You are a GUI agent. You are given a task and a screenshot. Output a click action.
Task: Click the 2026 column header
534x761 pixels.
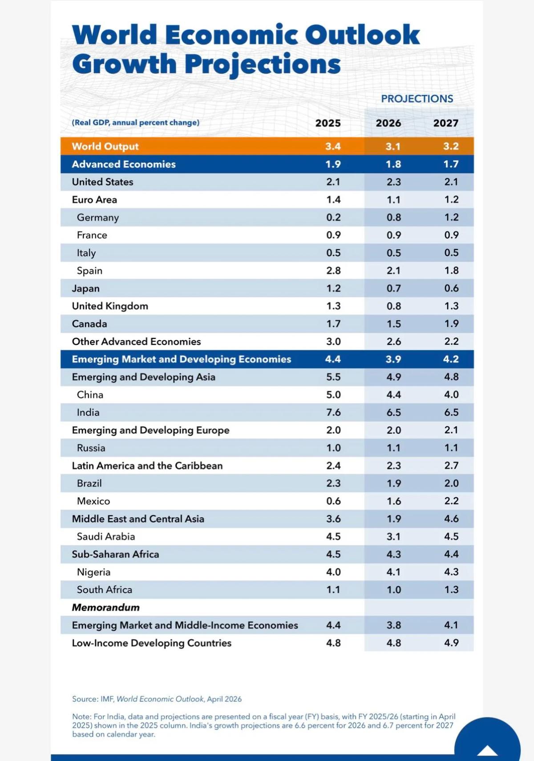point(388,123)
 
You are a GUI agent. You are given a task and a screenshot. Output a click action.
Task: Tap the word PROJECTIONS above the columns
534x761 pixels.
point(417,99)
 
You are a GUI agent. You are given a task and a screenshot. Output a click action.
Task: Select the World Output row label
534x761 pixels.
point(105,146)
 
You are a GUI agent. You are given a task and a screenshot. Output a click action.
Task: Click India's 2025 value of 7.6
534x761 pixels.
point(333,412)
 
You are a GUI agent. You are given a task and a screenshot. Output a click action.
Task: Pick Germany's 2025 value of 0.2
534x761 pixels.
point(333,217)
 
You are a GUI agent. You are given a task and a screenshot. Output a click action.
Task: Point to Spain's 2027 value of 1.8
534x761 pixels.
point(451,270)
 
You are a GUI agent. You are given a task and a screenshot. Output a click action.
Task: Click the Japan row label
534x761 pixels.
point(85,289)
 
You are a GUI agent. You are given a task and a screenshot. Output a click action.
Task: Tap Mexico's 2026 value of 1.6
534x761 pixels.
point(393,501)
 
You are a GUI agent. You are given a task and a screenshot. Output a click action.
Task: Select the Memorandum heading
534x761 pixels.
point(105,608)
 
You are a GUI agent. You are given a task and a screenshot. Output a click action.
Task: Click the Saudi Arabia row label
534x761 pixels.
point(105,537)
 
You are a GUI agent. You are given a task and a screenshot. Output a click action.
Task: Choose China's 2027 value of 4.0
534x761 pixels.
point(451,395)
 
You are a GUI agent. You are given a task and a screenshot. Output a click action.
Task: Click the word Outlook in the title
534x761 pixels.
point(362,35)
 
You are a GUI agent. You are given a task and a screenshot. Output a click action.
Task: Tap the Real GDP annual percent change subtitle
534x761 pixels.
point(135,123)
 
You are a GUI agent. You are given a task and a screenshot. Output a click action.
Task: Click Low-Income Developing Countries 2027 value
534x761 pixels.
point(451,643)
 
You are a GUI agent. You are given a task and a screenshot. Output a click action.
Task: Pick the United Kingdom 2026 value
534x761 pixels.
point(393,306)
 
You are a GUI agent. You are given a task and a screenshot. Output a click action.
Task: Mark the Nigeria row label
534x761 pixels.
point(93,572)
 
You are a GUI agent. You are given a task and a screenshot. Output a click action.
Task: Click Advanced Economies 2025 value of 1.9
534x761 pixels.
point(333,164)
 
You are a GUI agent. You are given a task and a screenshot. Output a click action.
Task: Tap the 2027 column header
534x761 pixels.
point(445,123)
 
